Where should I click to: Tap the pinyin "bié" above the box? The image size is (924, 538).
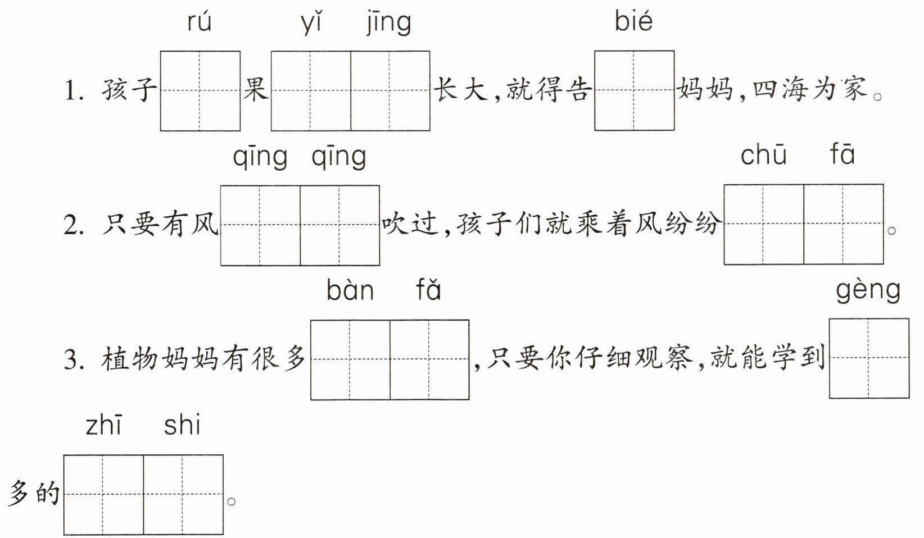click(633, 21)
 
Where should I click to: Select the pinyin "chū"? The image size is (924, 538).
click(764, 155)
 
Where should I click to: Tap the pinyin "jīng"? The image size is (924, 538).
click(389, 23)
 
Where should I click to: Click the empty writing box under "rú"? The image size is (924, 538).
click(200, 91)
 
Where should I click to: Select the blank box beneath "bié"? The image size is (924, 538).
click(635, 91)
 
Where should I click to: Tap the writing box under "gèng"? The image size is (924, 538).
click(869, 358)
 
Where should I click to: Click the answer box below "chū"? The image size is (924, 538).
click(764, 224)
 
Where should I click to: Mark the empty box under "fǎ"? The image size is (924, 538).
click(429, 359)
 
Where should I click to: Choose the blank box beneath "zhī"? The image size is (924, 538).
click(103, 495)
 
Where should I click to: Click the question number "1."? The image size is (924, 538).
click(74, 91)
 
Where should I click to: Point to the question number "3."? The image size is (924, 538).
click(74, 359)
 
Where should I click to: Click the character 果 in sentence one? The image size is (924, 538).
click(256, 89)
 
